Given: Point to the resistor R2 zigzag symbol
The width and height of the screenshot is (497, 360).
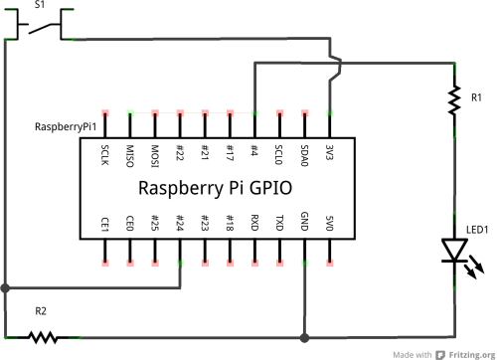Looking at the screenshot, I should pos(41,337).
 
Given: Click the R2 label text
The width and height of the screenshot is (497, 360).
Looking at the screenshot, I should pos(41,311).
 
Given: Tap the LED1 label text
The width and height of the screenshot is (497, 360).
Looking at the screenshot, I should pos(478,230).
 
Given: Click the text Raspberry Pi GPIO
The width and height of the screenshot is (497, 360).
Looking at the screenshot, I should pos(216,188).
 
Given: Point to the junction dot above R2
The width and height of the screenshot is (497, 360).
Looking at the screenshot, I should pos(6,288).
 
